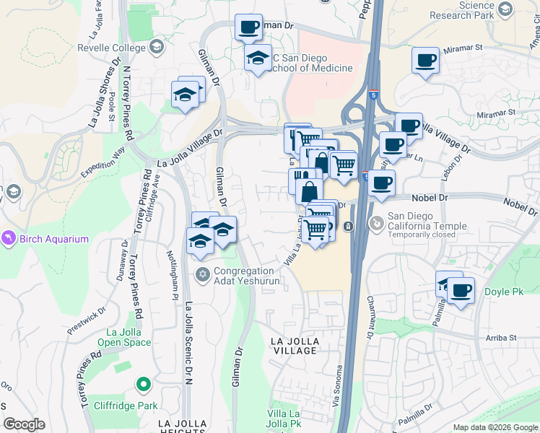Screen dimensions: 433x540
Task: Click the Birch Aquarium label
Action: pyautogui.click(x=54, y=239)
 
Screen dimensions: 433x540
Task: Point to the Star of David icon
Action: pyautogui.click(x=203, y=274)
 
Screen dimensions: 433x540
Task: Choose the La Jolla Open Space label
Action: pyautogui.click(x=124, y=337)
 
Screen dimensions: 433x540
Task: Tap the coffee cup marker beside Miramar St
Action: pyautogui.click(x=426, y=60)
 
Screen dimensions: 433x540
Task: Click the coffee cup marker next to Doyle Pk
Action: pyautogui.click(x=461, y=291)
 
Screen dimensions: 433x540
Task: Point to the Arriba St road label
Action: pyautogui.click(x=500, y=338)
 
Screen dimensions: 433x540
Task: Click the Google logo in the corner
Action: pyautogui.click(x=24, y=424)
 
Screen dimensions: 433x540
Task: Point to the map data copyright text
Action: pyautogui.click(x=495, y=427)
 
